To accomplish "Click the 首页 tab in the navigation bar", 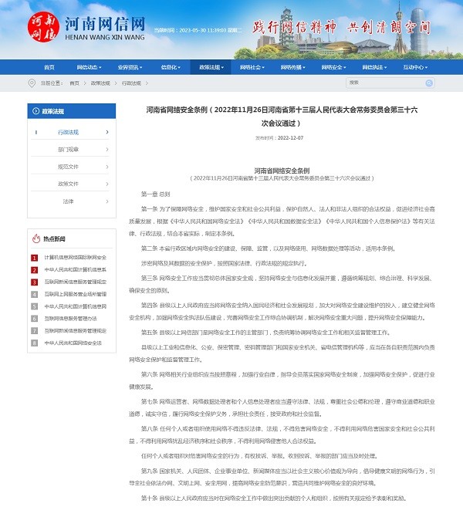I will [x=47, y=67].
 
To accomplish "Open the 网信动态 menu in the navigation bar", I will [x=88, y=67].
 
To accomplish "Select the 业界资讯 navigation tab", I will [x=129, y=67].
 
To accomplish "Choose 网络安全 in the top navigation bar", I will [x=333, y=67].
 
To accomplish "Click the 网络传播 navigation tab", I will [x=292, y=67].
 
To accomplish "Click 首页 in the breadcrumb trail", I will [x=74, y=83].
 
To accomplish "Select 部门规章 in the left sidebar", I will [x=68, y=149].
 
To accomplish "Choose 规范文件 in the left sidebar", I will [x=68, y=166].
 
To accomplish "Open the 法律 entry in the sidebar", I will [x=68, y=201].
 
